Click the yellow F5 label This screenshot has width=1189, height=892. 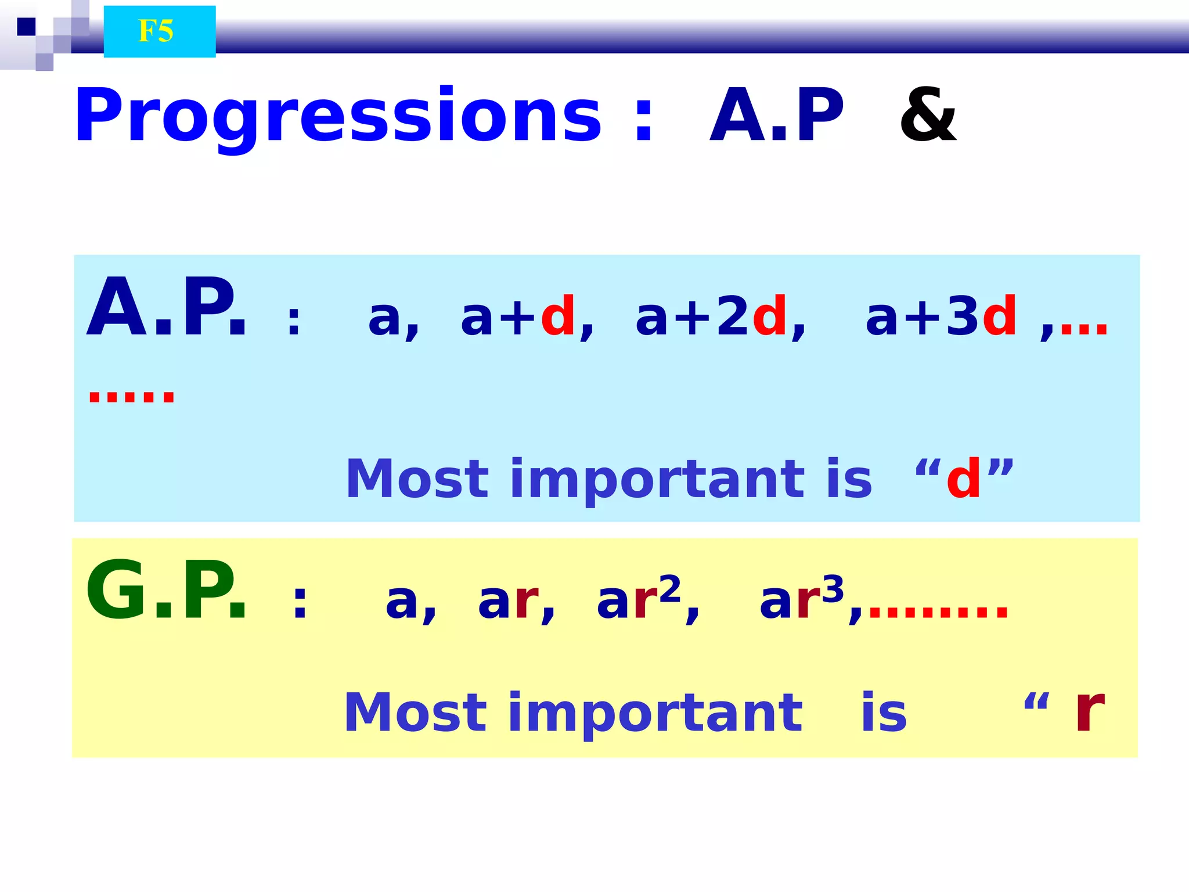pos(156,31)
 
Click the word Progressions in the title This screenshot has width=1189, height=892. pos(338,116)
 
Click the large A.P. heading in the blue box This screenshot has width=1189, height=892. pos(167,308)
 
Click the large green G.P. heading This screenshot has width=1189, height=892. pos(167,591)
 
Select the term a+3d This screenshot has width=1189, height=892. pos(941,317)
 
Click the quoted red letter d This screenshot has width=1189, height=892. pos(964,480)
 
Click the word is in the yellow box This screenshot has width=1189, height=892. pos(883,713)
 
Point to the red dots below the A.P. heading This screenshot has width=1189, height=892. pos(131,397)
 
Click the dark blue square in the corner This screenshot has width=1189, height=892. pos(26,27)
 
